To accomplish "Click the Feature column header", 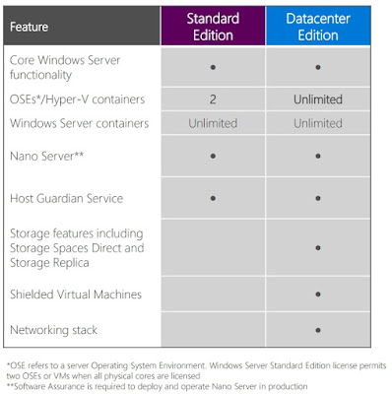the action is coord(29,27).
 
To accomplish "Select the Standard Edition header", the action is coord(213,27).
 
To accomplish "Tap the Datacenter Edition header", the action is coord(318,27).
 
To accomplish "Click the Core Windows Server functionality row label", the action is coord(65,67).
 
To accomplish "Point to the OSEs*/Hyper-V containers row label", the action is coord(77,99).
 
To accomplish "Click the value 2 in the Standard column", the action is coord(213,99).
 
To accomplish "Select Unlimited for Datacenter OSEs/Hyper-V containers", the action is coord(318,99).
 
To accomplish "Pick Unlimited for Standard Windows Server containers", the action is coord(213,123).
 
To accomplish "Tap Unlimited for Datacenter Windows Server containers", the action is coord(318,123).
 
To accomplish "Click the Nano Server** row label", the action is coord(46,156).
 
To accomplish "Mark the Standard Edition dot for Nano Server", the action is coord(213,156).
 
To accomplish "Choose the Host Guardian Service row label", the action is coord(66,198).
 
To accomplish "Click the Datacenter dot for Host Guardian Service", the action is coord(318,198).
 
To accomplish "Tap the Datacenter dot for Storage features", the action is coord(318,248).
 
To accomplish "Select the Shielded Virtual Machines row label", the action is coord(76,295).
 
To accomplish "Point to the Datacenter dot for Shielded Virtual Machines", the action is coord(318,295).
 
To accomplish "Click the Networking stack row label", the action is coord(53,330).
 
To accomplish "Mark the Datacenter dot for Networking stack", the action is coord(318,330).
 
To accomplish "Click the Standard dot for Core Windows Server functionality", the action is coord(213,67).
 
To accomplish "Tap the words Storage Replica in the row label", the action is coord(49,263).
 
